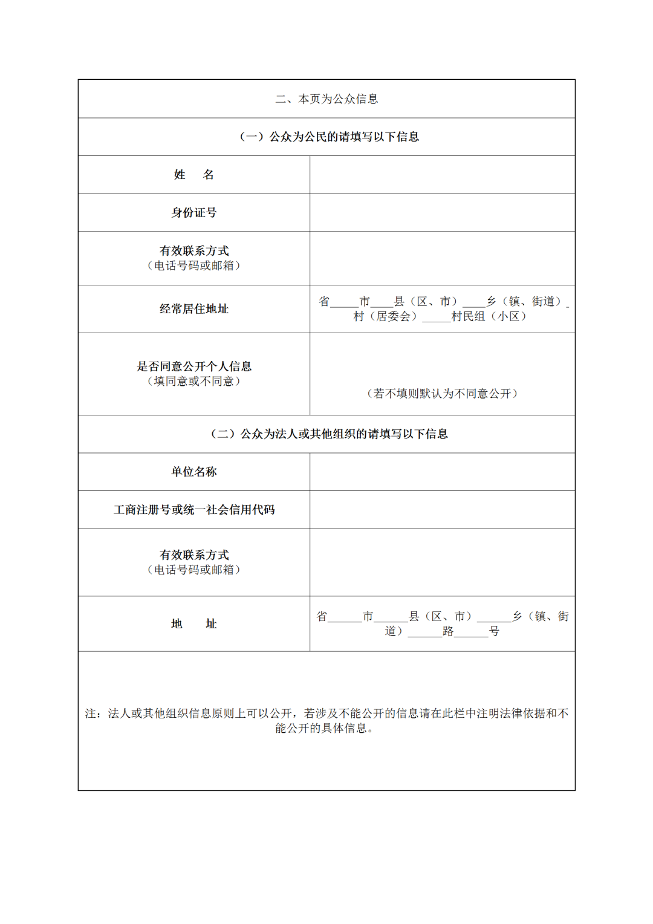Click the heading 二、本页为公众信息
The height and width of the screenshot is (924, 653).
326,99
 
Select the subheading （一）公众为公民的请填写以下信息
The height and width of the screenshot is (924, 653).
330,137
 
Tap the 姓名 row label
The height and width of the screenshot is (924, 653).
194,175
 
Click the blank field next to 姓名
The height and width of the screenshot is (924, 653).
442,175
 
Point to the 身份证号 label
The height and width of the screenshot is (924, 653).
194,213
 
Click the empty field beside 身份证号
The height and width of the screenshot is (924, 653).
442,213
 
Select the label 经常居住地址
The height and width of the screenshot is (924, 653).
194,309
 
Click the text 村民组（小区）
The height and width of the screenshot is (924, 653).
489,316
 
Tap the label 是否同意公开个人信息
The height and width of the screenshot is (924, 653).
194,366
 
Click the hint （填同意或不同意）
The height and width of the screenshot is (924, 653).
194,381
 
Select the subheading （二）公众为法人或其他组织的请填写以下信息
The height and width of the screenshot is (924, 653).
330,434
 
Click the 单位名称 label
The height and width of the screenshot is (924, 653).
194,472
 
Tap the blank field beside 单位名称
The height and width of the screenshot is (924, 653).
442,472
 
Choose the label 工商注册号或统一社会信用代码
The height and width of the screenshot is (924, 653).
194,510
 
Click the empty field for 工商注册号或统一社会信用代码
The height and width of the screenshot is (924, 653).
442,510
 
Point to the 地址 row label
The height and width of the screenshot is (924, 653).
194,623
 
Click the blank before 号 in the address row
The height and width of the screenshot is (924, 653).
472,632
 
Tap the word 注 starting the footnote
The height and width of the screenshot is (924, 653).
91,714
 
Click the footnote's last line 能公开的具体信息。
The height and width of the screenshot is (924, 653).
325,729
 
